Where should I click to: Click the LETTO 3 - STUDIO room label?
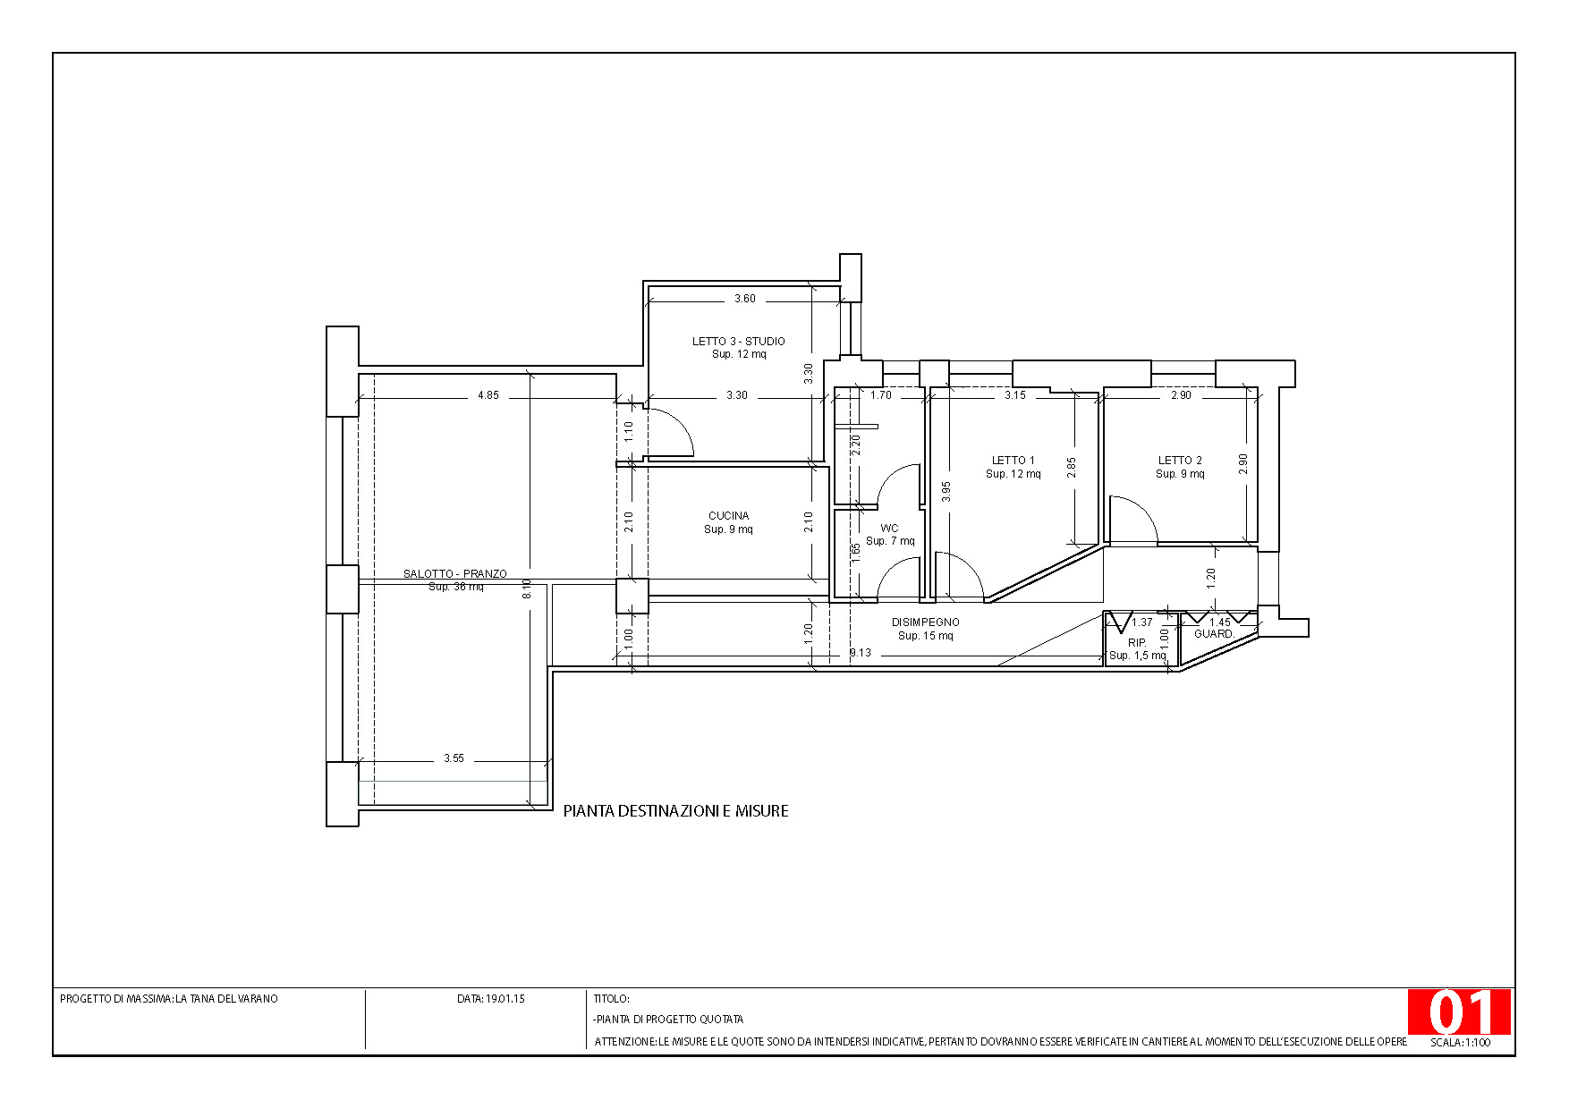pos(739,341)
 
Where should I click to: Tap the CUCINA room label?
pos(729,515)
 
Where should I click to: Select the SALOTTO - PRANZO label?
pos(455,573)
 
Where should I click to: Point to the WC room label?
pos(889,528)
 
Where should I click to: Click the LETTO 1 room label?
pos(1013,460)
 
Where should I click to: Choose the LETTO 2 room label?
pos(1181,460)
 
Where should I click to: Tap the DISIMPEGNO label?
pos(926,622)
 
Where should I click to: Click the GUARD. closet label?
pos(1215,633)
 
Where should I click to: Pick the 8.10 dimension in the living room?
pos(527,589)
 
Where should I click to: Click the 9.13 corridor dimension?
pos(861,653)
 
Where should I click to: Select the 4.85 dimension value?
pos(488,394)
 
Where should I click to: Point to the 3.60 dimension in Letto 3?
pos(745,299)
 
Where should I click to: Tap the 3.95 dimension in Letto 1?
pos(946,491)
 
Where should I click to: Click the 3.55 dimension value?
pos(454,758)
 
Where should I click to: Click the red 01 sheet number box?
pos(1459,1012)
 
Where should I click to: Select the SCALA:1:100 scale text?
pos(1461,1042)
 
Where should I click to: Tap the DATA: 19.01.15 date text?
pos(490,998)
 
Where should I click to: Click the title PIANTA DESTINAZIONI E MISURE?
pos(676,811)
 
